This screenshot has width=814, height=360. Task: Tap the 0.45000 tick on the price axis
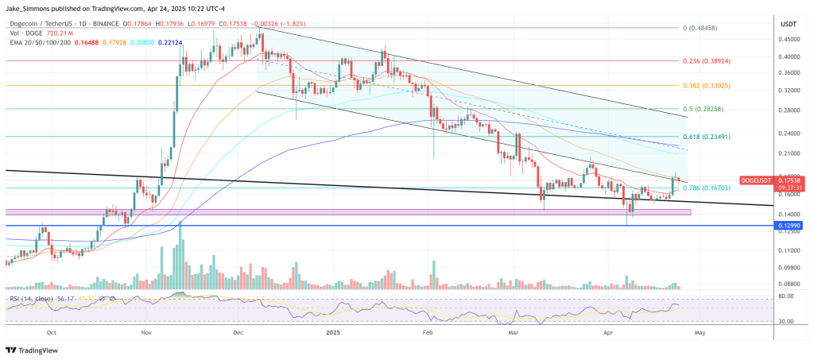tap(789, 38)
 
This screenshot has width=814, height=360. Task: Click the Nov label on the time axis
tap(146, 335)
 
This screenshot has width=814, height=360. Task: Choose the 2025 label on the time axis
tap(333, 335)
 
